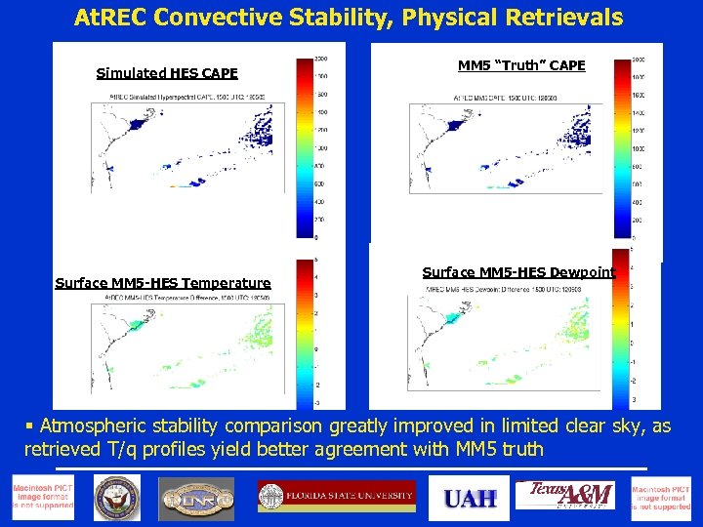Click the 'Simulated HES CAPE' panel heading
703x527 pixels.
(167, 73)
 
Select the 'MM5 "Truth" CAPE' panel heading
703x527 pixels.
(521, 65)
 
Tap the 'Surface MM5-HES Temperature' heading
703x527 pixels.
(163, 283)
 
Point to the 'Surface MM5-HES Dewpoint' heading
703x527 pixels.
(518, 272)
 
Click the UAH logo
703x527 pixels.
(470, 499)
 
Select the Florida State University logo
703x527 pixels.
(336, 496)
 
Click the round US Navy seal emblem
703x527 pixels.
(116, 499)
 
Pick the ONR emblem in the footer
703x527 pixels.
(196, 499)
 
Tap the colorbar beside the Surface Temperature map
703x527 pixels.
(303, 332)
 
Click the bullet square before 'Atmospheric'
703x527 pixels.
(30, 426)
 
